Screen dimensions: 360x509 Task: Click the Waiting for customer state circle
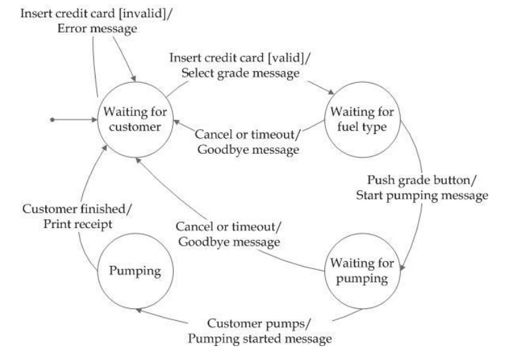[x=135, y=121]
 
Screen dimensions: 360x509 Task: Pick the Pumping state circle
[x=135, y=272]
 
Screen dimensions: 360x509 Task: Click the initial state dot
[x=52, y=121]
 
